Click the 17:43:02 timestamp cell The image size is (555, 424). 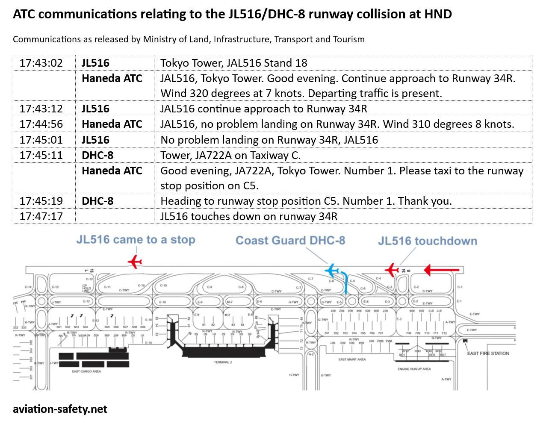click(41, 63)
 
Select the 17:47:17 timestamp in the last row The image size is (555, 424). click(41, 216)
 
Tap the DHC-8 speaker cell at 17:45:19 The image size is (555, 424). click(97, 201)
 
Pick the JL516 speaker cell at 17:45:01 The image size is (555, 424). click(95, 140)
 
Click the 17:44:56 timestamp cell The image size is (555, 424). click(41, 124)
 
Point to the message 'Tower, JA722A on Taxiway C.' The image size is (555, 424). click(230, 155)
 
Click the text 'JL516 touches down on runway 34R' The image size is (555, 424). click(249, 216)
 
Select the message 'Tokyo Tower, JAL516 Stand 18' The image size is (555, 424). click(233, 63)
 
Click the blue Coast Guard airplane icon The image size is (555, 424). click(332, 271)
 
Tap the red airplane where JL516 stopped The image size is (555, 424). click(135, 261)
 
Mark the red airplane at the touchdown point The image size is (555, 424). click(392, 270)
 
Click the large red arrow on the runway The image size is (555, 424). click(441, 270)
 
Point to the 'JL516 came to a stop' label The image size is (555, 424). click(136, 239)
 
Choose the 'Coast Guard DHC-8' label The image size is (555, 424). click(290, 240)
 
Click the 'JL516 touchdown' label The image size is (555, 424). click(427, 241)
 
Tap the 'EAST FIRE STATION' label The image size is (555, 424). click(488, 353)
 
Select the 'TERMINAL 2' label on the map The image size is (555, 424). click(223, 362)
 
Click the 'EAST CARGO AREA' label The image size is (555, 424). click(86, 371)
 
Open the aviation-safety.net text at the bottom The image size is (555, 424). click(60, 409)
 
